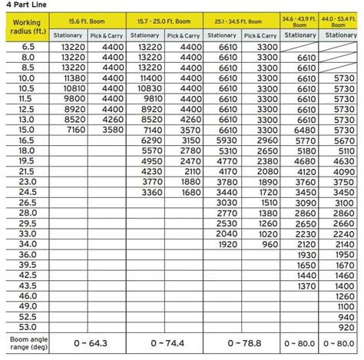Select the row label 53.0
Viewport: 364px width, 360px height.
pyautogui.click(x=28, y=326)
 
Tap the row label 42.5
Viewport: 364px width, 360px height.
pyautogui.click(x=28, y=274)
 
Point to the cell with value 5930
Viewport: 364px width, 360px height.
pyautogui.click(x=223, y=140)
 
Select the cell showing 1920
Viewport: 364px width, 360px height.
pyautogui.click(x=223, y=243)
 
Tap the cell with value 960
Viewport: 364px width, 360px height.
pyautogui.click(x=263, y=243)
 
